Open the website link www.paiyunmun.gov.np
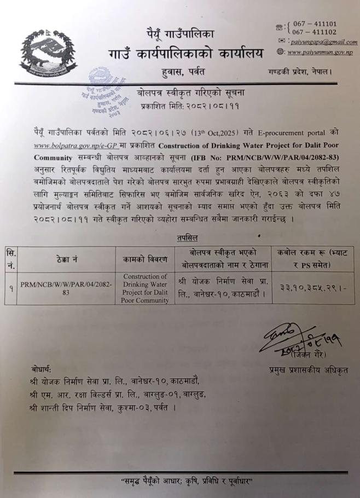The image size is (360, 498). (x=320, y=52)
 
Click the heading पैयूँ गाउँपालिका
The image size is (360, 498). (x=179, y=34)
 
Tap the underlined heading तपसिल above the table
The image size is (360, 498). (x=187, y=238)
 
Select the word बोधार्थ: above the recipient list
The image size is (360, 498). (x=42, y=370)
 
